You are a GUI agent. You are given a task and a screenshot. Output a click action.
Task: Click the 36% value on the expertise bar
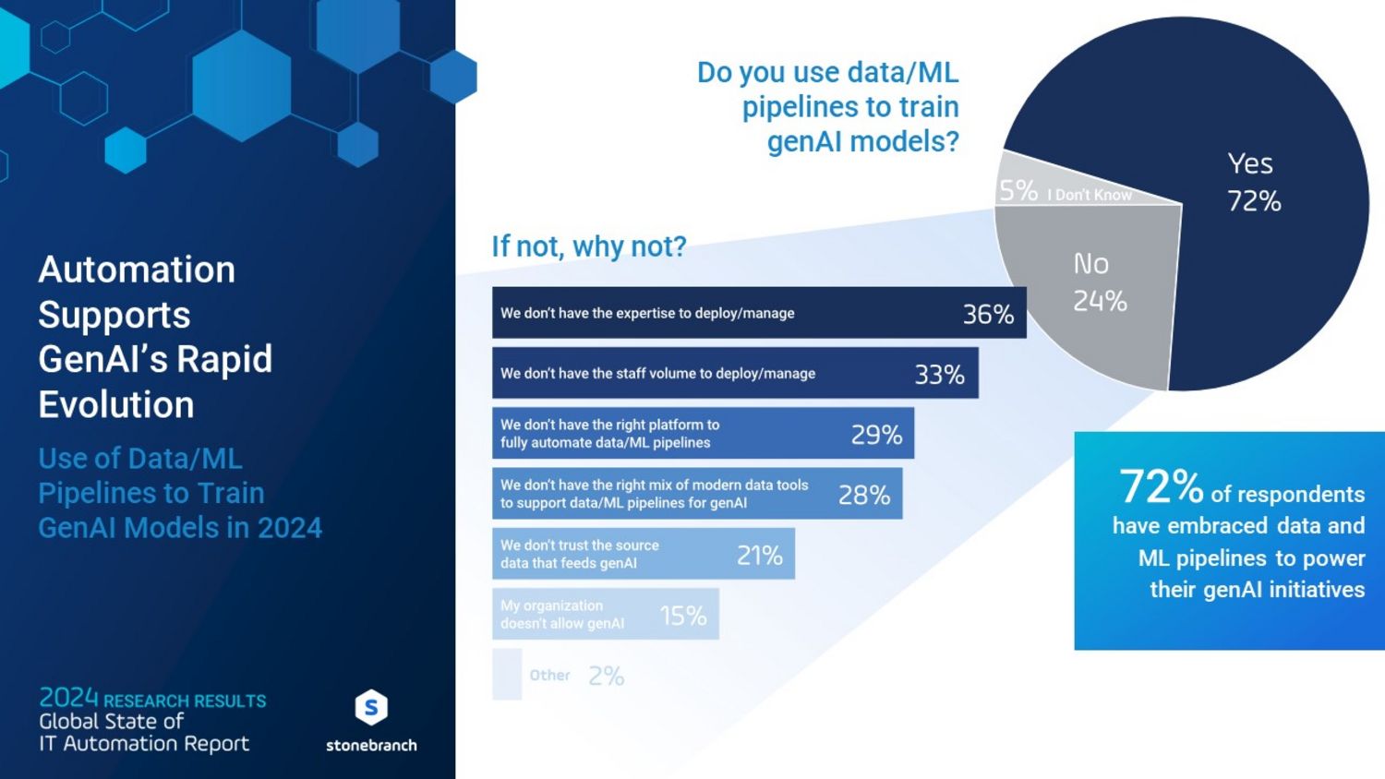[x=988, y=314]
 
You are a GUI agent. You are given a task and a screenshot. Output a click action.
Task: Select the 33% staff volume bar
[x=734, y=374]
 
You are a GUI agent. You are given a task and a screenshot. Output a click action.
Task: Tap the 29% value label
[x=876, y=435]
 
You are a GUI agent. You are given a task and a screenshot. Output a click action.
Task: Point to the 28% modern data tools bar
[x=696, y=495]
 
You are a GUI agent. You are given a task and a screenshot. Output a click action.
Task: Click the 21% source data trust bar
[x=643, y=555]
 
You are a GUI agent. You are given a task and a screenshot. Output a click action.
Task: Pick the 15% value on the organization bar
[x=683, y=616]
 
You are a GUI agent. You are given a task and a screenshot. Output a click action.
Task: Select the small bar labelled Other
[x=507, y=675]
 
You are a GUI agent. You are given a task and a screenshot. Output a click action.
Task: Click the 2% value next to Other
[x=607, y=677]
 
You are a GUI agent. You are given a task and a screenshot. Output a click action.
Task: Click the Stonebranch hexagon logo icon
[x=371, y=708]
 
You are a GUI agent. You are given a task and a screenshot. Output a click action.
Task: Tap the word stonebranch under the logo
[x=371, y=746]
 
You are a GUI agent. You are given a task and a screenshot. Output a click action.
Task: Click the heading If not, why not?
[x=589, y=246]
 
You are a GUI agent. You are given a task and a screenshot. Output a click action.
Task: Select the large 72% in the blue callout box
[x=1161, y=486]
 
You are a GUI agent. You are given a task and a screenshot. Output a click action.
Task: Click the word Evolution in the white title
[x=116, y=404]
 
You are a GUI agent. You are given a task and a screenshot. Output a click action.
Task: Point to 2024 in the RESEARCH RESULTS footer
[x=68, y=698]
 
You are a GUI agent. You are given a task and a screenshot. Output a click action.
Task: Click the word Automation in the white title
[x=137, y=270]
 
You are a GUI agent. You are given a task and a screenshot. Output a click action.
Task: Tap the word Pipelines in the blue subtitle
[x=90, y=493]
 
